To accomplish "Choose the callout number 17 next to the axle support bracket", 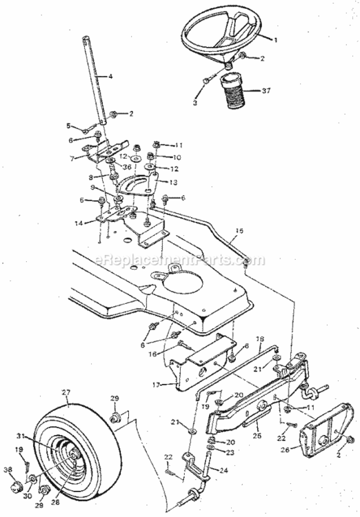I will point(157,385).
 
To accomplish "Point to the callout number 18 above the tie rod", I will point(261,340).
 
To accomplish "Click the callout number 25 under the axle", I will point(258,436).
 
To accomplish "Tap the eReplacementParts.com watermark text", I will point(180,261).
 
